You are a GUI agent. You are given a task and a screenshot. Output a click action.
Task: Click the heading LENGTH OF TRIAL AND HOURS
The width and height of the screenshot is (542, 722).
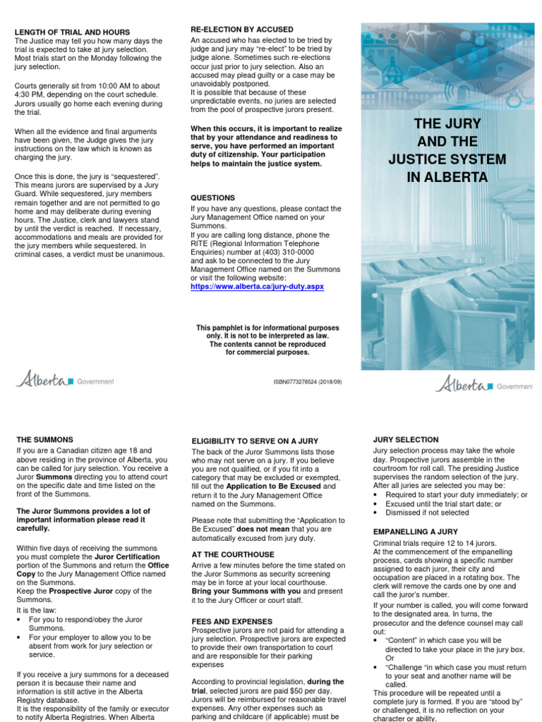point(72,32)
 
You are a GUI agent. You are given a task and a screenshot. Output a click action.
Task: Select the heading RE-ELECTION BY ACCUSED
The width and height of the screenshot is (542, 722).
point(242,29)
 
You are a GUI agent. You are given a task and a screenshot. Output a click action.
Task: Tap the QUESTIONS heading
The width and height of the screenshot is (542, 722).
point(213,198)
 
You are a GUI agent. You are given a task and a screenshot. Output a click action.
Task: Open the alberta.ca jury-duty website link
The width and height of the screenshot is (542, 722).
point(257,288)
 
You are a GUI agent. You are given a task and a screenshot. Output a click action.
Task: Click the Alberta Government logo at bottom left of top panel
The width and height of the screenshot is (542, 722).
point(65,381)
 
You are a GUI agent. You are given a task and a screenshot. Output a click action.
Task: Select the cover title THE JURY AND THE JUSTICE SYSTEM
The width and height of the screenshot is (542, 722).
point(447,151)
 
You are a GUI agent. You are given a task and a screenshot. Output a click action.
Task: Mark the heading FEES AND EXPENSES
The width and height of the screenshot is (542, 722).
point(233,620)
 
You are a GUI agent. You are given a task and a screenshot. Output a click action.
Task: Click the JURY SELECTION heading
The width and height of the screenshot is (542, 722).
point(405,439)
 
